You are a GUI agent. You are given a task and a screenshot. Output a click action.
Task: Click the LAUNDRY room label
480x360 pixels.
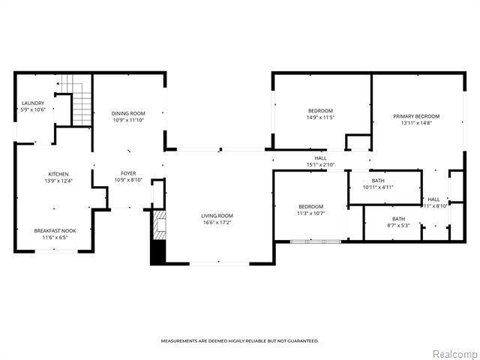click(33, 103)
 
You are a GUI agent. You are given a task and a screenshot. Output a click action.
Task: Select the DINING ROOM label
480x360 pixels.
click(128, 113)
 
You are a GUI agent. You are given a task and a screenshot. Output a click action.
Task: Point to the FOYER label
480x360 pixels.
click(128, 172)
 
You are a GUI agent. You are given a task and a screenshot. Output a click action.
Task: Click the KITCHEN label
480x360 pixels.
click(58, 174)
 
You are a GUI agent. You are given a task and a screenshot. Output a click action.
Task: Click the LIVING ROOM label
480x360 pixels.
click(217, 215)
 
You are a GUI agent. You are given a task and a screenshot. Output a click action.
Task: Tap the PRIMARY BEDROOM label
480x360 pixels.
click(416, 116)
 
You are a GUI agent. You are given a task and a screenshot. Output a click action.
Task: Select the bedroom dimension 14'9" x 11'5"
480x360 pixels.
click(319, 118)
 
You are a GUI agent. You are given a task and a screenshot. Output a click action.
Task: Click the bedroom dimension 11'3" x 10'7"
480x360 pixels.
click(310, 213)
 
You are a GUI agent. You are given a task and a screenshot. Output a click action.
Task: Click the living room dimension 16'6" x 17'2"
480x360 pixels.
click(217, 222)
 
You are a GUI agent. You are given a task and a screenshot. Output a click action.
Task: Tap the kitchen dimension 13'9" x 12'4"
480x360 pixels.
click(58, 181)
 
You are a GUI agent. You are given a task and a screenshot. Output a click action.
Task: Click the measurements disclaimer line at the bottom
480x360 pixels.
click(240, 341)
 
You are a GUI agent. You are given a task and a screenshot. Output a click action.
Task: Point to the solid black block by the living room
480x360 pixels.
click(157, 253)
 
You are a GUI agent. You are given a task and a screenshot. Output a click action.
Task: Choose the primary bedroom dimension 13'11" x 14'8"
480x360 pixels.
click(416, 124)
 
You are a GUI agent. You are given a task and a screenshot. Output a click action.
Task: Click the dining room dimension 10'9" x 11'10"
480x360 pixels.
click(128, 120)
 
